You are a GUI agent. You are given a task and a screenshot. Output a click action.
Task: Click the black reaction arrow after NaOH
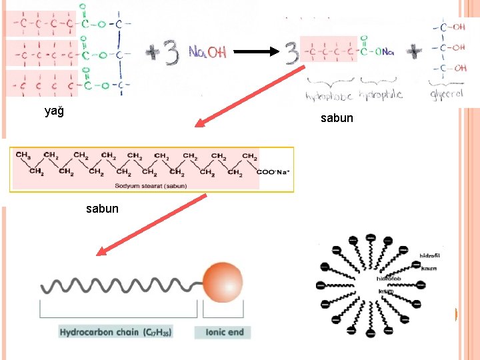(253, 52)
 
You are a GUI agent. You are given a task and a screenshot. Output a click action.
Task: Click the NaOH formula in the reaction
(207, 52)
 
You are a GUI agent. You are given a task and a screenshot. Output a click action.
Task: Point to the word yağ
(54, 111)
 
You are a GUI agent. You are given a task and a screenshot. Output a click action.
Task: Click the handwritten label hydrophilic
(381, 95)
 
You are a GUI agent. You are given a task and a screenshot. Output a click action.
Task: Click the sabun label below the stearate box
(102, 209)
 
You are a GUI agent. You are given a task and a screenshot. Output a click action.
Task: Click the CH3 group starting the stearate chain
(23, 155)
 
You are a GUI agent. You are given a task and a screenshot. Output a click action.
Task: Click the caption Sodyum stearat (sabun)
(151, 185)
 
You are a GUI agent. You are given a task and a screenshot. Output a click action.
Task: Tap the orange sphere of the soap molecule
(222, 281)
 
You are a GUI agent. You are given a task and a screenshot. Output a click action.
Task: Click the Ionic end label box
(223, 332)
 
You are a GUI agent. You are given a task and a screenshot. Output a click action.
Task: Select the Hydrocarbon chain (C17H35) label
(115, 332)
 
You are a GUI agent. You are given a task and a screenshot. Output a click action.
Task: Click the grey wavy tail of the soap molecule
(120, 285)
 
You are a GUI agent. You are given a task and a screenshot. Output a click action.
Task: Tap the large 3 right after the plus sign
(171, 53)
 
